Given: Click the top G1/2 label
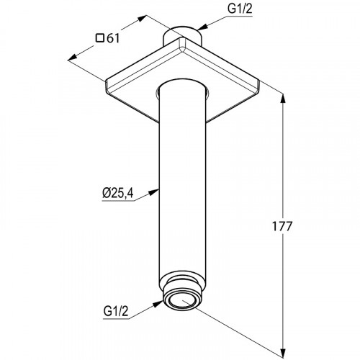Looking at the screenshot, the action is (x=240, y=9).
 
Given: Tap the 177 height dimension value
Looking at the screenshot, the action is (x=282, y=226).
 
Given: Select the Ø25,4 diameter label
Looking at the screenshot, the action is (x=117, y=193).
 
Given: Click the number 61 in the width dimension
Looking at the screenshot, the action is (x=113, y=38).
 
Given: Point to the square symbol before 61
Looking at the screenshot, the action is (x=100, y=38).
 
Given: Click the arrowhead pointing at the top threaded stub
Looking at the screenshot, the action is (x=202, y=27).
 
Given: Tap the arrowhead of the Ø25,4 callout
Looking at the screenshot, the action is (x=154, y=192).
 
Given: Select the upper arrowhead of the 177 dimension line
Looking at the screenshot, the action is (x=284, y=99).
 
